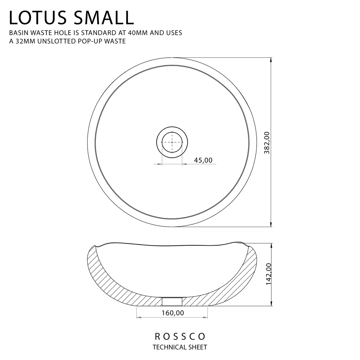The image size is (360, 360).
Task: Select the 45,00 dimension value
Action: [x=203, y=160]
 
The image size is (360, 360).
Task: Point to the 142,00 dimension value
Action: [x=269, y=274]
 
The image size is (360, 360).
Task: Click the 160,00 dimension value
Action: [x=173, y=313]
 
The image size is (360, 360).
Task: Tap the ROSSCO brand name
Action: [x=180, y=337]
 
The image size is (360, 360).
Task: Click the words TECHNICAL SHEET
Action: [x=180, y=347]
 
